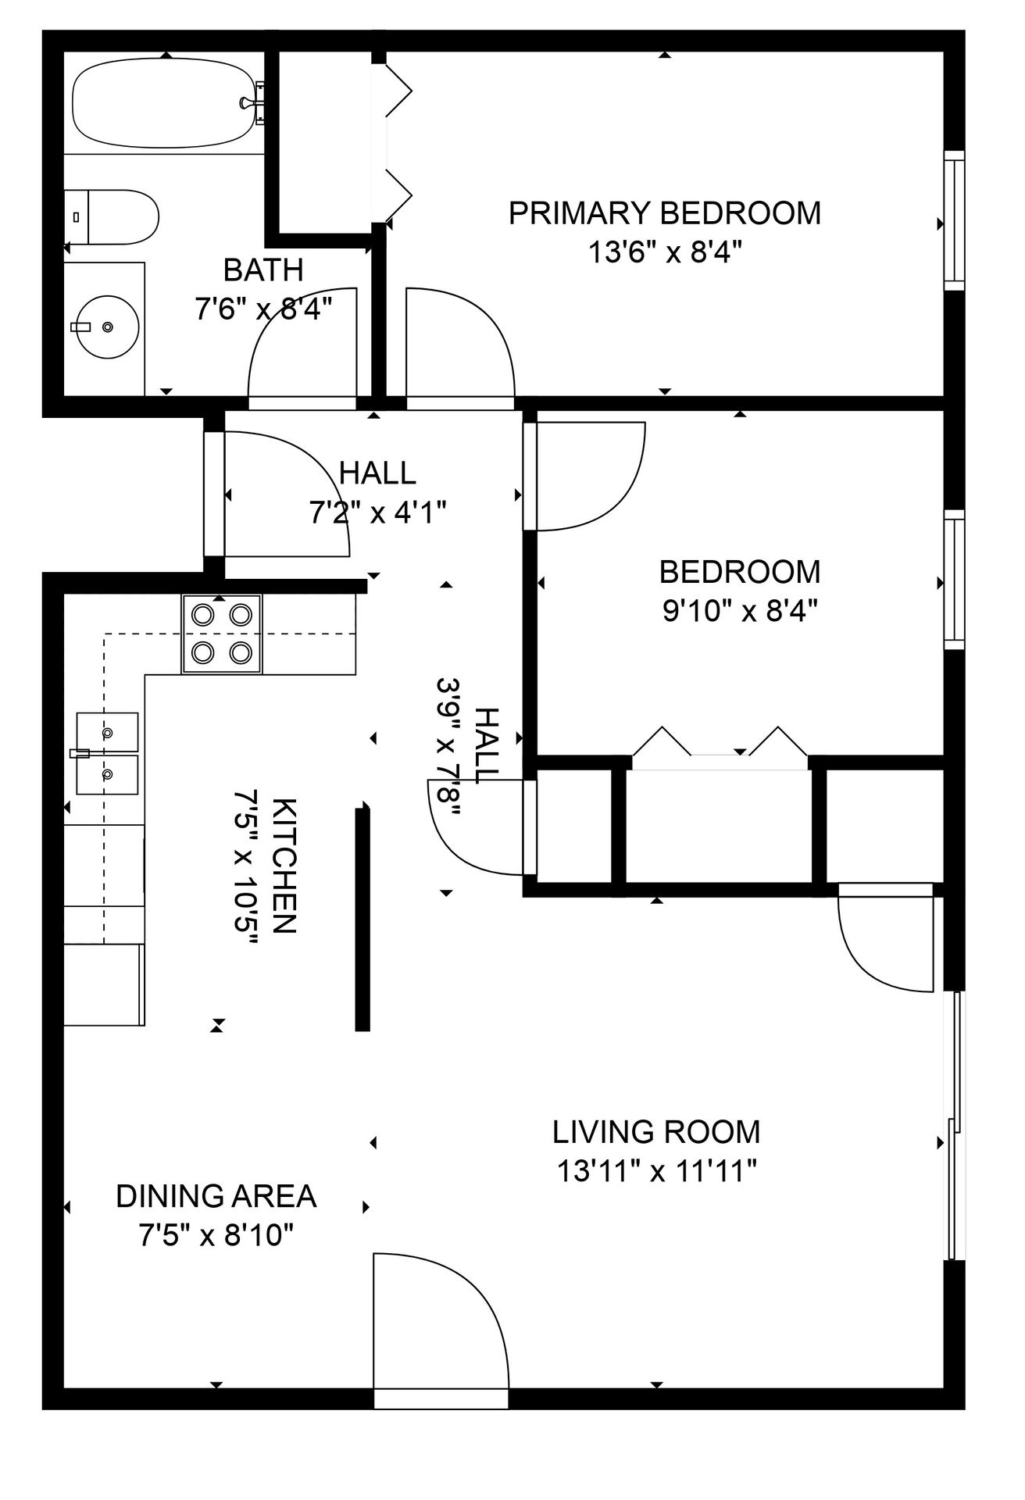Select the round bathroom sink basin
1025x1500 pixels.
tap(107, 327)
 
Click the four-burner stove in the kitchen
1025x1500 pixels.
tap(223, 634)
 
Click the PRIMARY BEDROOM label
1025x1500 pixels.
tap(665, 213)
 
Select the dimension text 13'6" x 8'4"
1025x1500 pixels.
tap(665, 252)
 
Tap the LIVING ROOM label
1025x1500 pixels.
tap(656, 1131)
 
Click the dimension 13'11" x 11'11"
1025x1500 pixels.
tap(656, 1170)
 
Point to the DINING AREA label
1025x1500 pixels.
tap(216, 1196)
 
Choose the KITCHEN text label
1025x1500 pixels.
tap(284, 865)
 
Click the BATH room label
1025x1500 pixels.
tap(263, 270)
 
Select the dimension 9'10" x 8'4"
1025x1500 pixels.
tap(740, 610)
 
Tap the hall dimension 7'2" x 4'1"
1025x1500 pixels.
tap(378, 512)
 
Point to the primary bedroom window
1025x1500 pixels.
tap(954, 221)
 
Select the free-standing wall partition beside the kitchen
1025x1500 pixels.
tap(362, 920)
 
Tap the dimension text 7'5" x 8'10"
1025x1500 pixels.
tap(216, 1235)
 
